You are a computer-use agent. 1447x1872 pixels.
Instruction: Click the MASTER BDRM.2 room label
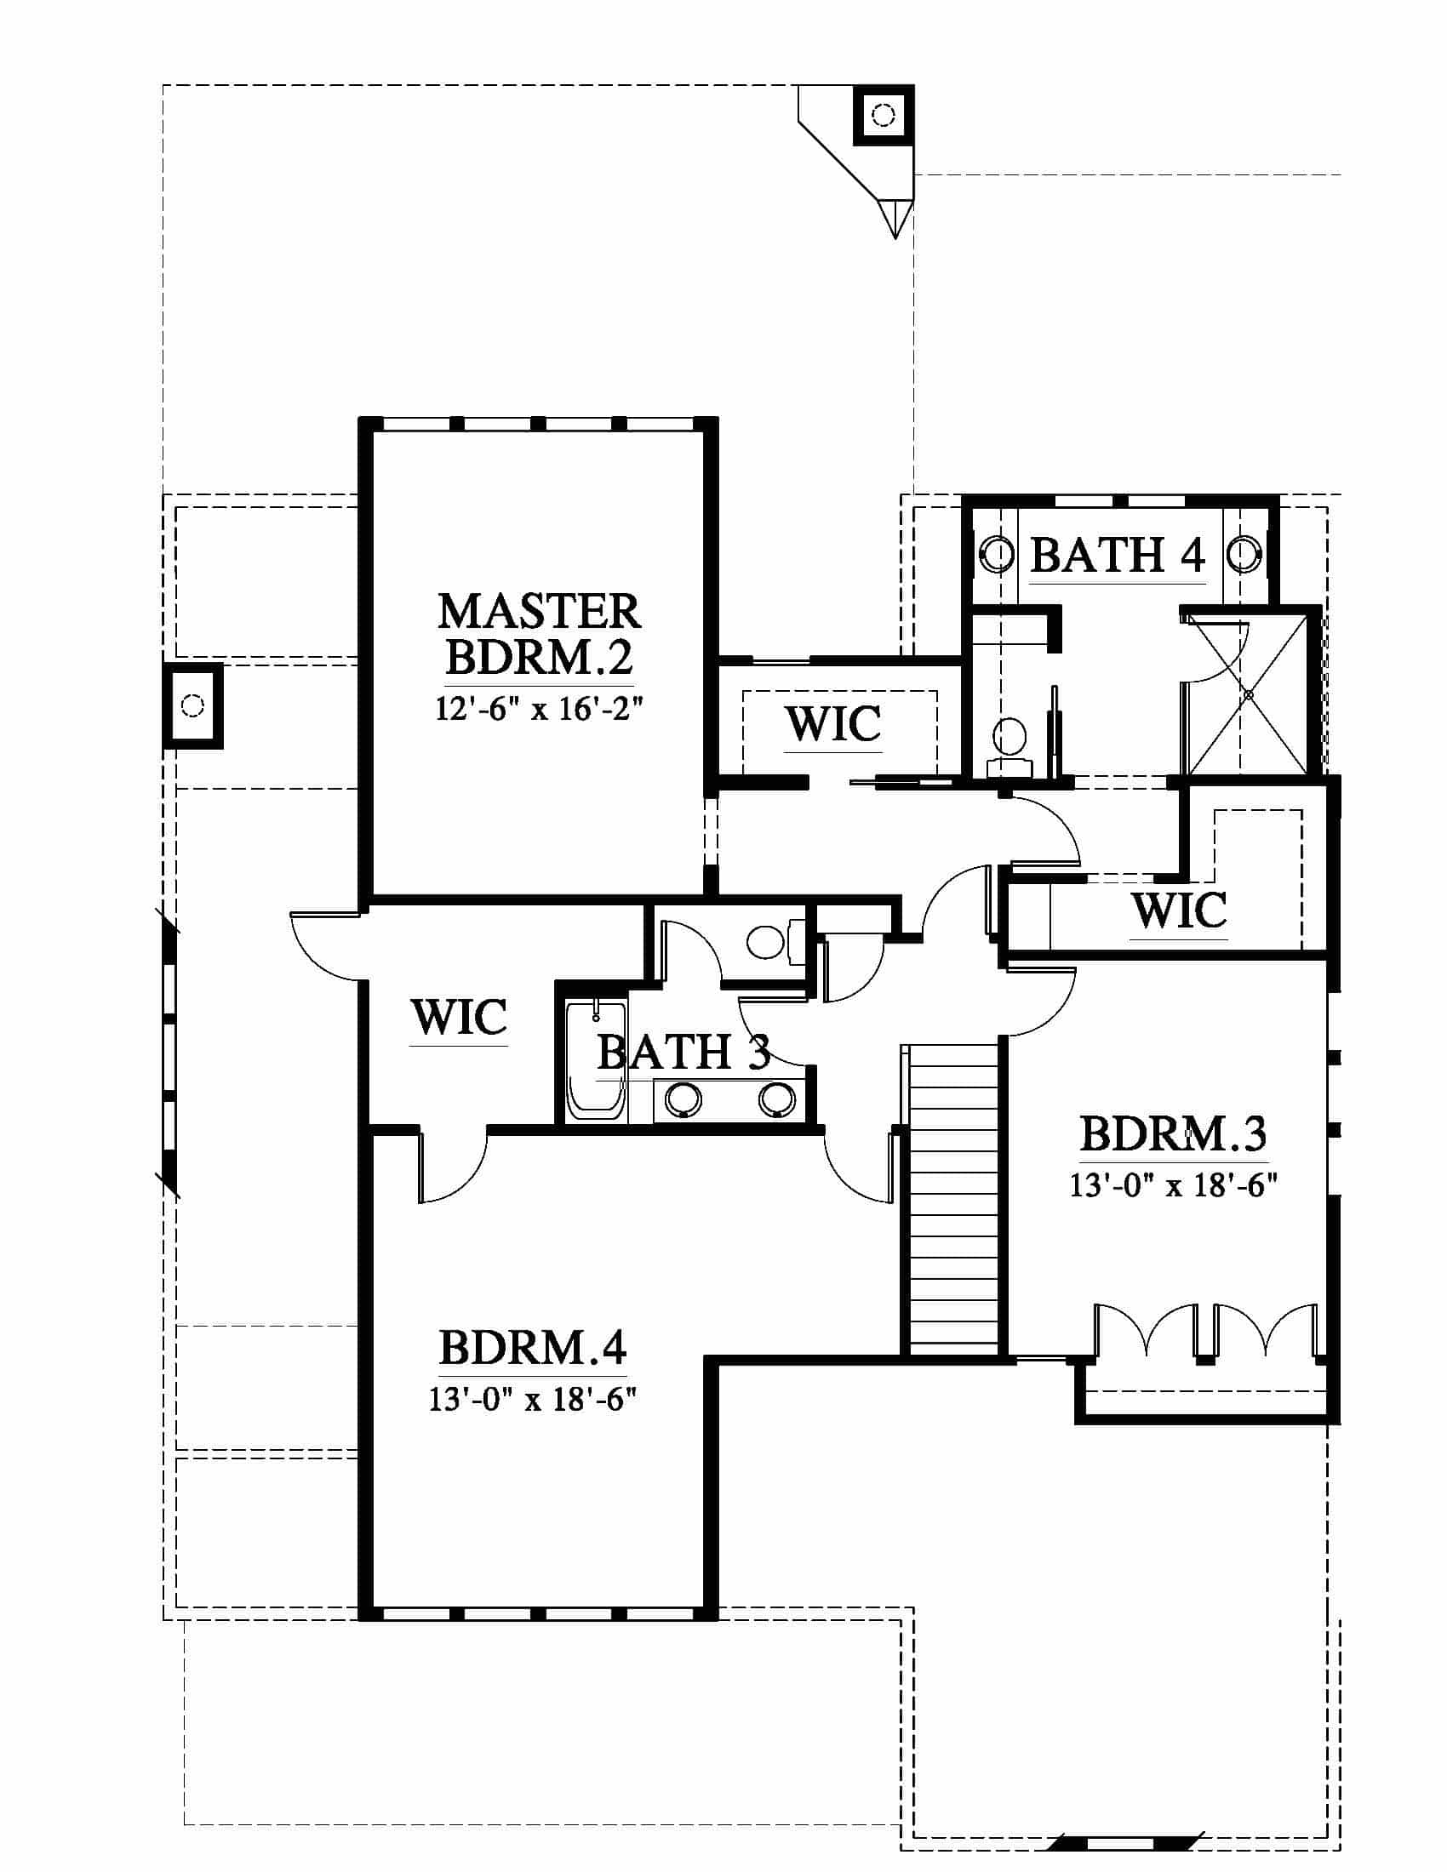539,634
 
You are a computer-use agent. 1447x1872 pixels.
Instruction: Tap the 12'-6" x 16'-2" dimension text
539,709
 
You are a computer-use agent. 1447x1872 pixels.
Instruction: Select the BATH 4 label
1118,555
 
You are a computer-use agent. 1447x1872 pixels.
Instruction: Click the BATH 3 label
683,1052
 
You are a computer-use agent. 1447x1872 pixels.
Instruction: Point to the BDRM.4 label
532,1348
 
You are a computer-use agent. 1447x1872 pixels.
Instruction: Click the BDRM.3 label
1173,1134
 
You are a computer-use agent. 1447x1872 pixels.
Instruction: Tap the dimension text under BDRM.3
1173,1185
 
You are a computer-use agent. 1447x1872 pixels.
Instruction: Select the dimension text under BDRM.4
532,1400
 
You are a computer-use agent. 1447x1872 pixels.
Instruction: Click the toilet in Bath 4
1009,742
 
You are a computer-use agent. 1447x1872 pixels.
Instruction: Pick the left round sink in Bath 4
997,554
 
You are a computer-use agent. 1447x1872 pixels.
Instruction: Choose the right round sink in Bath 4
1244,554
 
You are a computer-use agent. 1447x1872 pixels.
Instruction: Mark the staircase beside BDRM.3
953,1200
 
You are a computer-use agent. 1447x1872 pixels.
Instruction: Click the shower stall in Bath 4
1247,695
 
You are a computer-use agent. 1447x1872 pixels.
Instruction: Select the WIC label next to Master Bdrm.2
833,724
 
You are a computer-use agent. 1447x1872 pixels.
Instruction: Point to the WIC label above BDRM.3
1179,910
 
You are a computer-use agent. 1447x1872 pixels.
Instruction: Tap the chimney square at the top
883,114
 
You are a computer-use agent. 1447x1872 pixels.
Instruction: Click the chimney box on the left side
193,705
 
